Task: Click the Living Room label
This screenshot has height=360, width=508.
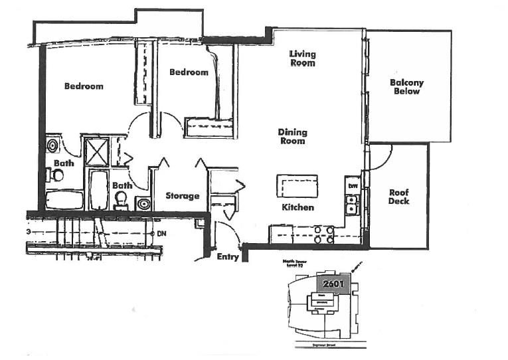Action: point(301,58)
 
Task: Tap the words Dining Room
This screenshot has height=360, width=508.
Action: point(292,136)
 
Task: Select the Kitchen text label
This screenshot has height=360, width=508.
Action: point(297,207)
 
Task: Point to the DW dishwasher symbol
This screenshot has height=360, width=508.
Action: point(353,185)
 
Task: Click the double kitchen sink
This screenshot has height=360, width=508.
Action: point(353,204)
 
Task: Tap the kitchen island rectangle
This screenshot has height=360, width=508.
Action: point(297,184)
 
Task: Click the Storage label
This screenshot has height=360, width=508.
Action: point(183,196)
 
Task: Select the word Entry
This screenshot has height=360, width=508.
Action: point(228,257)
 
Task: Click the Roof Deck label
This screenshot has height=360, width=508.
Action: point(399,197)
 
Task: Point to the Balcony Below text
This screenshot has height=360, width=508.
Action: point(406,87)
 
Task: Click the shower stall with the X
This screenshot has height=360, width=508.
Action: point(95,150)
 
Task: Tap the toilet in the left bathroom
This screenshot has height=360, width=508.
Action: point(56,175)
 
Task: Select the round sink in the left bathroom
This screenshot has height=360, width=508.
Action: point(52,145)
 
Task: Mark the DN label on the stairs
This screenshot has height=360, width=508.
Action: point(161,234)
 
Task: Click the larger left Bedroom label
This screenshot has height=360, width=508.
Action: point(84,86)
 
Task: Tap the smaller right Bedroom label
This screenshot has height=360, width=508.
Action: point(189,72)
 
